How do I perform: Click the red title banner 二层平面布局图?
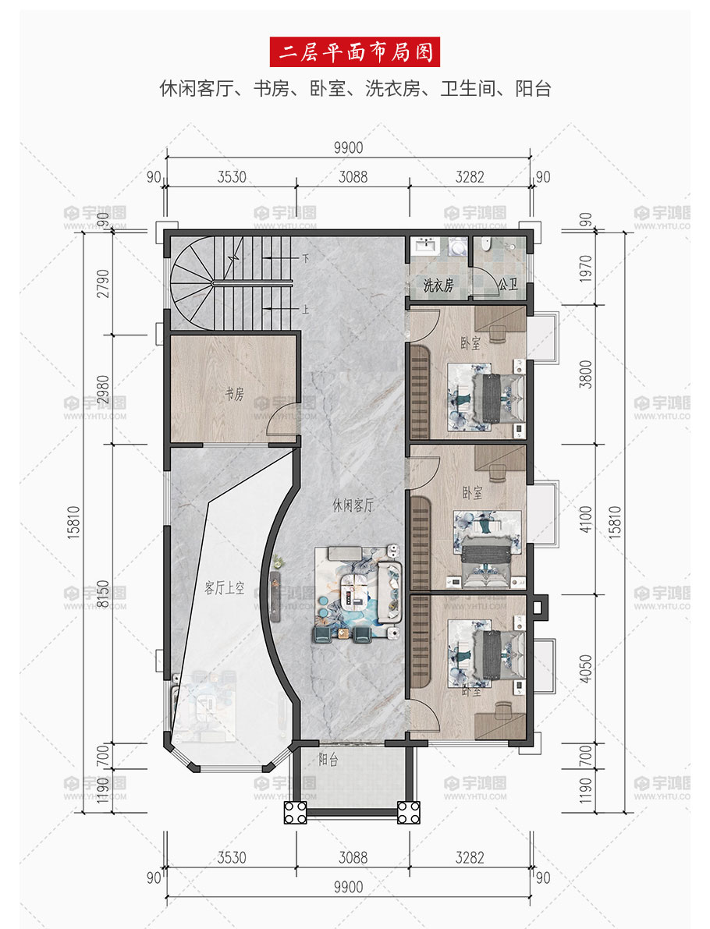354,52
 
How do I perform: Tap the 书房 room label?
234,393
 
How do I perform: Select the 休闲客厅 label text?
353,505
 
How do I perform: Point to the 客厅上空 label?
224,587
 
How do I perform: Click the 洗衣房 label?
438,285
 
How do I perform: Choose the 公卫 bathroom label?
507,285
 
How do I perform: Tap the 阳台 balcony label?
328,759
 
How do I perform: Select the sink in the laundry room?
425,245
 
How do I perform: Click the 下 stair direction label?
305,258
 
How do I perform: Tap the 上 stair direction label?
305,309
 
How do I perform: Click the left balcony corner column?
295,812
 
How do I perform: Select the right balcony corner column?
408,812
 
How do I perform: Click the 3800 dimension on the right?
585,374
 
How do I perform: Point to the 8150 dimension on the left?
102,594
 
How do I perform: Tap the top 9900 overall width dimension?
348,147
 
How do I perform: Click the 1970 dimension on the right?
585,268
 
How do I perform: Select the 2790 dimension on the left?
102,283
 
